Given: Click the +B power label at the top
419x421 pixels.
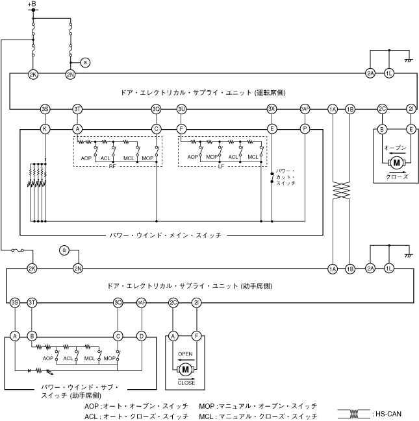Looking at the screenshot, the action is point(32,4).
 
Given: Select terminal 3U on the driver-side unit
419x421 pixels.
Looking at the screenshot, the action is point(181,109).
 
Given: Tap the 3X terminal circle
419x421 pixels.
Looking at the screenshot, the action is point(272,109).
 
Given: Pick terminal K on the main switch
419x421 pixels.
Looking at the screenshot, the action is point(45,129).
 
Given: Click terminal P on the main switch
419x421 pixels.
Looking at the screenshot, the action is point(305,129).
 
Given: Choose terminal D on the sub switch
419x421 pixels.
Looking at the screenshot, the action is point(142,336).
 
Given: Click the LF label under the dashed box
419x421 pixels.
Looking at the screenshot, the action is point(221,167).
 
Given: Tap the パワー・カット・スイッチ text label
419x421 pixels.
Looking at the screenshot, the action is point(286,177).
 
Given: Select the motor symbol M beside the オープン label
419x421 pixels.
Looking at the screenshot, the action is point(396,163).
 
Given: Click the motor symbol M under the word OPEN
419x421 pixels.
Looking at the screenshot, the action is point(185,370).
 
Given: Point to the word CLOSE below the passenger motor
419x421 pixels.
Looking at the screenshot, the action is point(186,383).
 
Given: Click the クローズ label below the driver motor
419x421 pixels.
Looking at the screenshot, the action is point(397,176).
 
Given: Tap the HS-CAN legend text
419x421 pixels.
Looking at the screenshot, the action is point(387,414).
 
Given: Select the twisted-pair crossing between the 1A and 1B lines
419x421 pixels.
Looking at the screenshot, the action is point(341,191).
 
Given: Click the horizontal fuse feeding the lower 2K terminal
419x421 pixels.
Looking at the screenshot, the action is point(18,250).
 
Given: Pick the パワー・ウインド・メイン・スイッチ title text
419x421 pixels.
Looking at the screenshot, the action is point(166,235).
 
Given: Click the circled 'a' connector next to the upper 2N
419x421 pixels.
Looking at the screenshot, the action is point(85,62).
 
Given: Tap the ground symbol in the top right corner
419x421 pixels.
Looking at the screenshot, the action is point(409,61).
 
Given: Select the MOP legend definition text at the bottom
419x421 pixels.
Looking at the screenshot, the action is point(258,406).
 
